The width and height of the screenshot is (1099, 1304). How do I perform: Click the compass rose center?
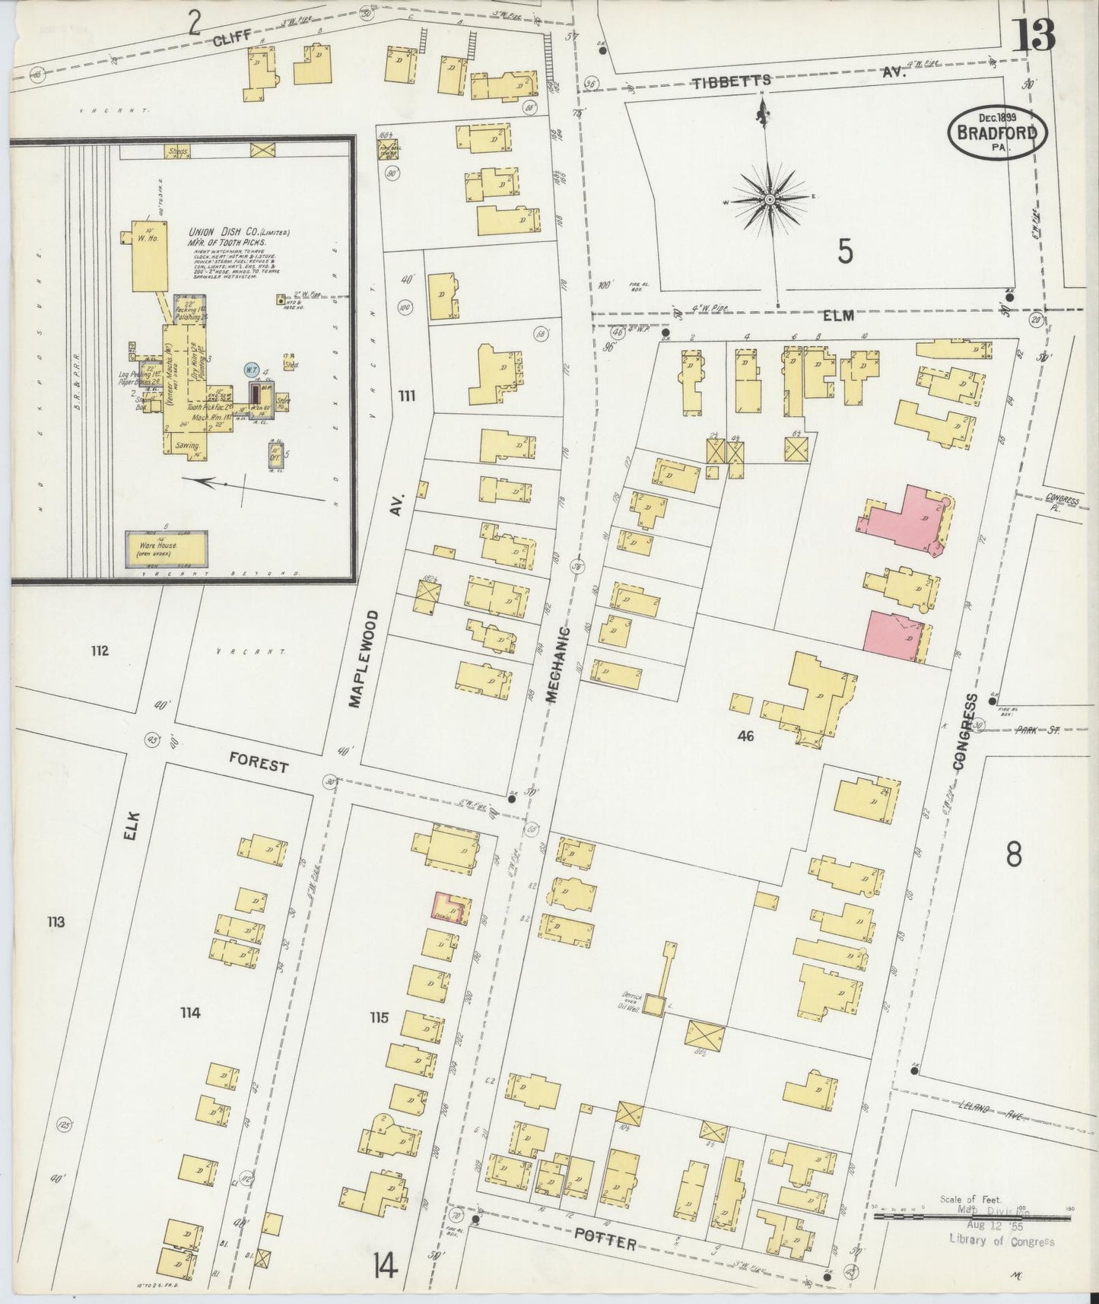pyautogui.click(x=770, y=199)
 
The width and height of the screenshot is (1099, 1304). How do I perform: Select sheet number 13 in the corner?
pyautogui.click(x=1035, y=36)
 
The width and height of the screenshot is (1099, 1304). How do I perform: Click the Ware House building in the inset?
pyautogui.click(x=164, y=546)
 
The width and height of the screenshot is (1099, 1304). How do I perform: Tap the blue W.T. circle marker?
pyautogui.click(x=250, y=371)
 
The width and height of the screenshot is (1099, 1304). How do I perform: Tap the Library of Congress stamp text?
pyautogui.click(x=1001, y=1242)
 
